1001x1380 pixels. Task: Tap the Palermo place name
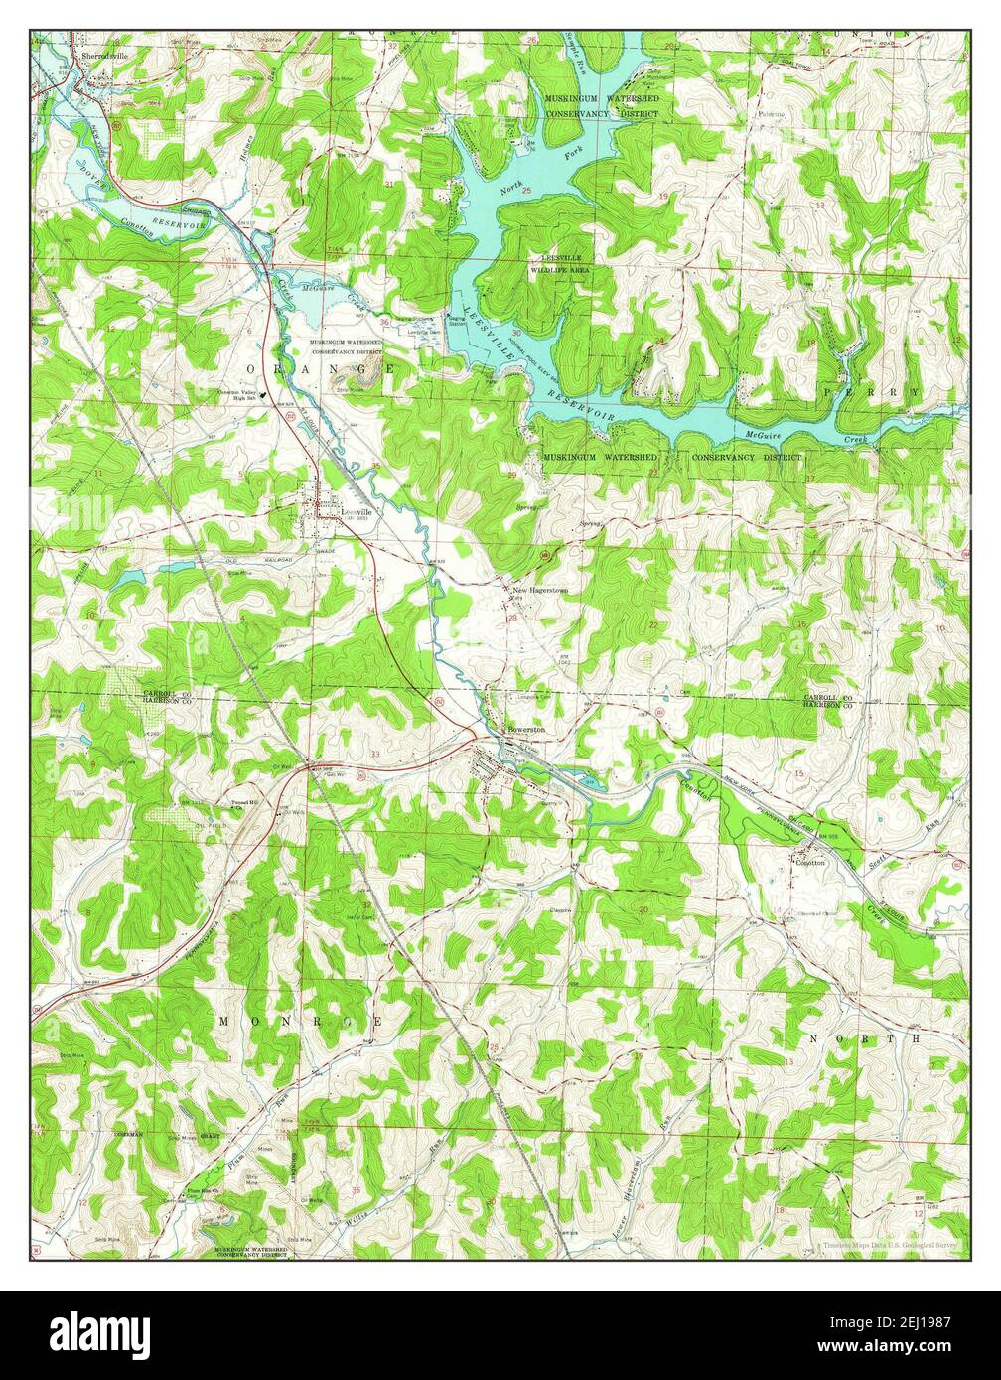(x=772, y=114)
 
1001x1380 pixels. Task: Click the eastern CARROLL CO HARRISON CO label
(x=828, y=701)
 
